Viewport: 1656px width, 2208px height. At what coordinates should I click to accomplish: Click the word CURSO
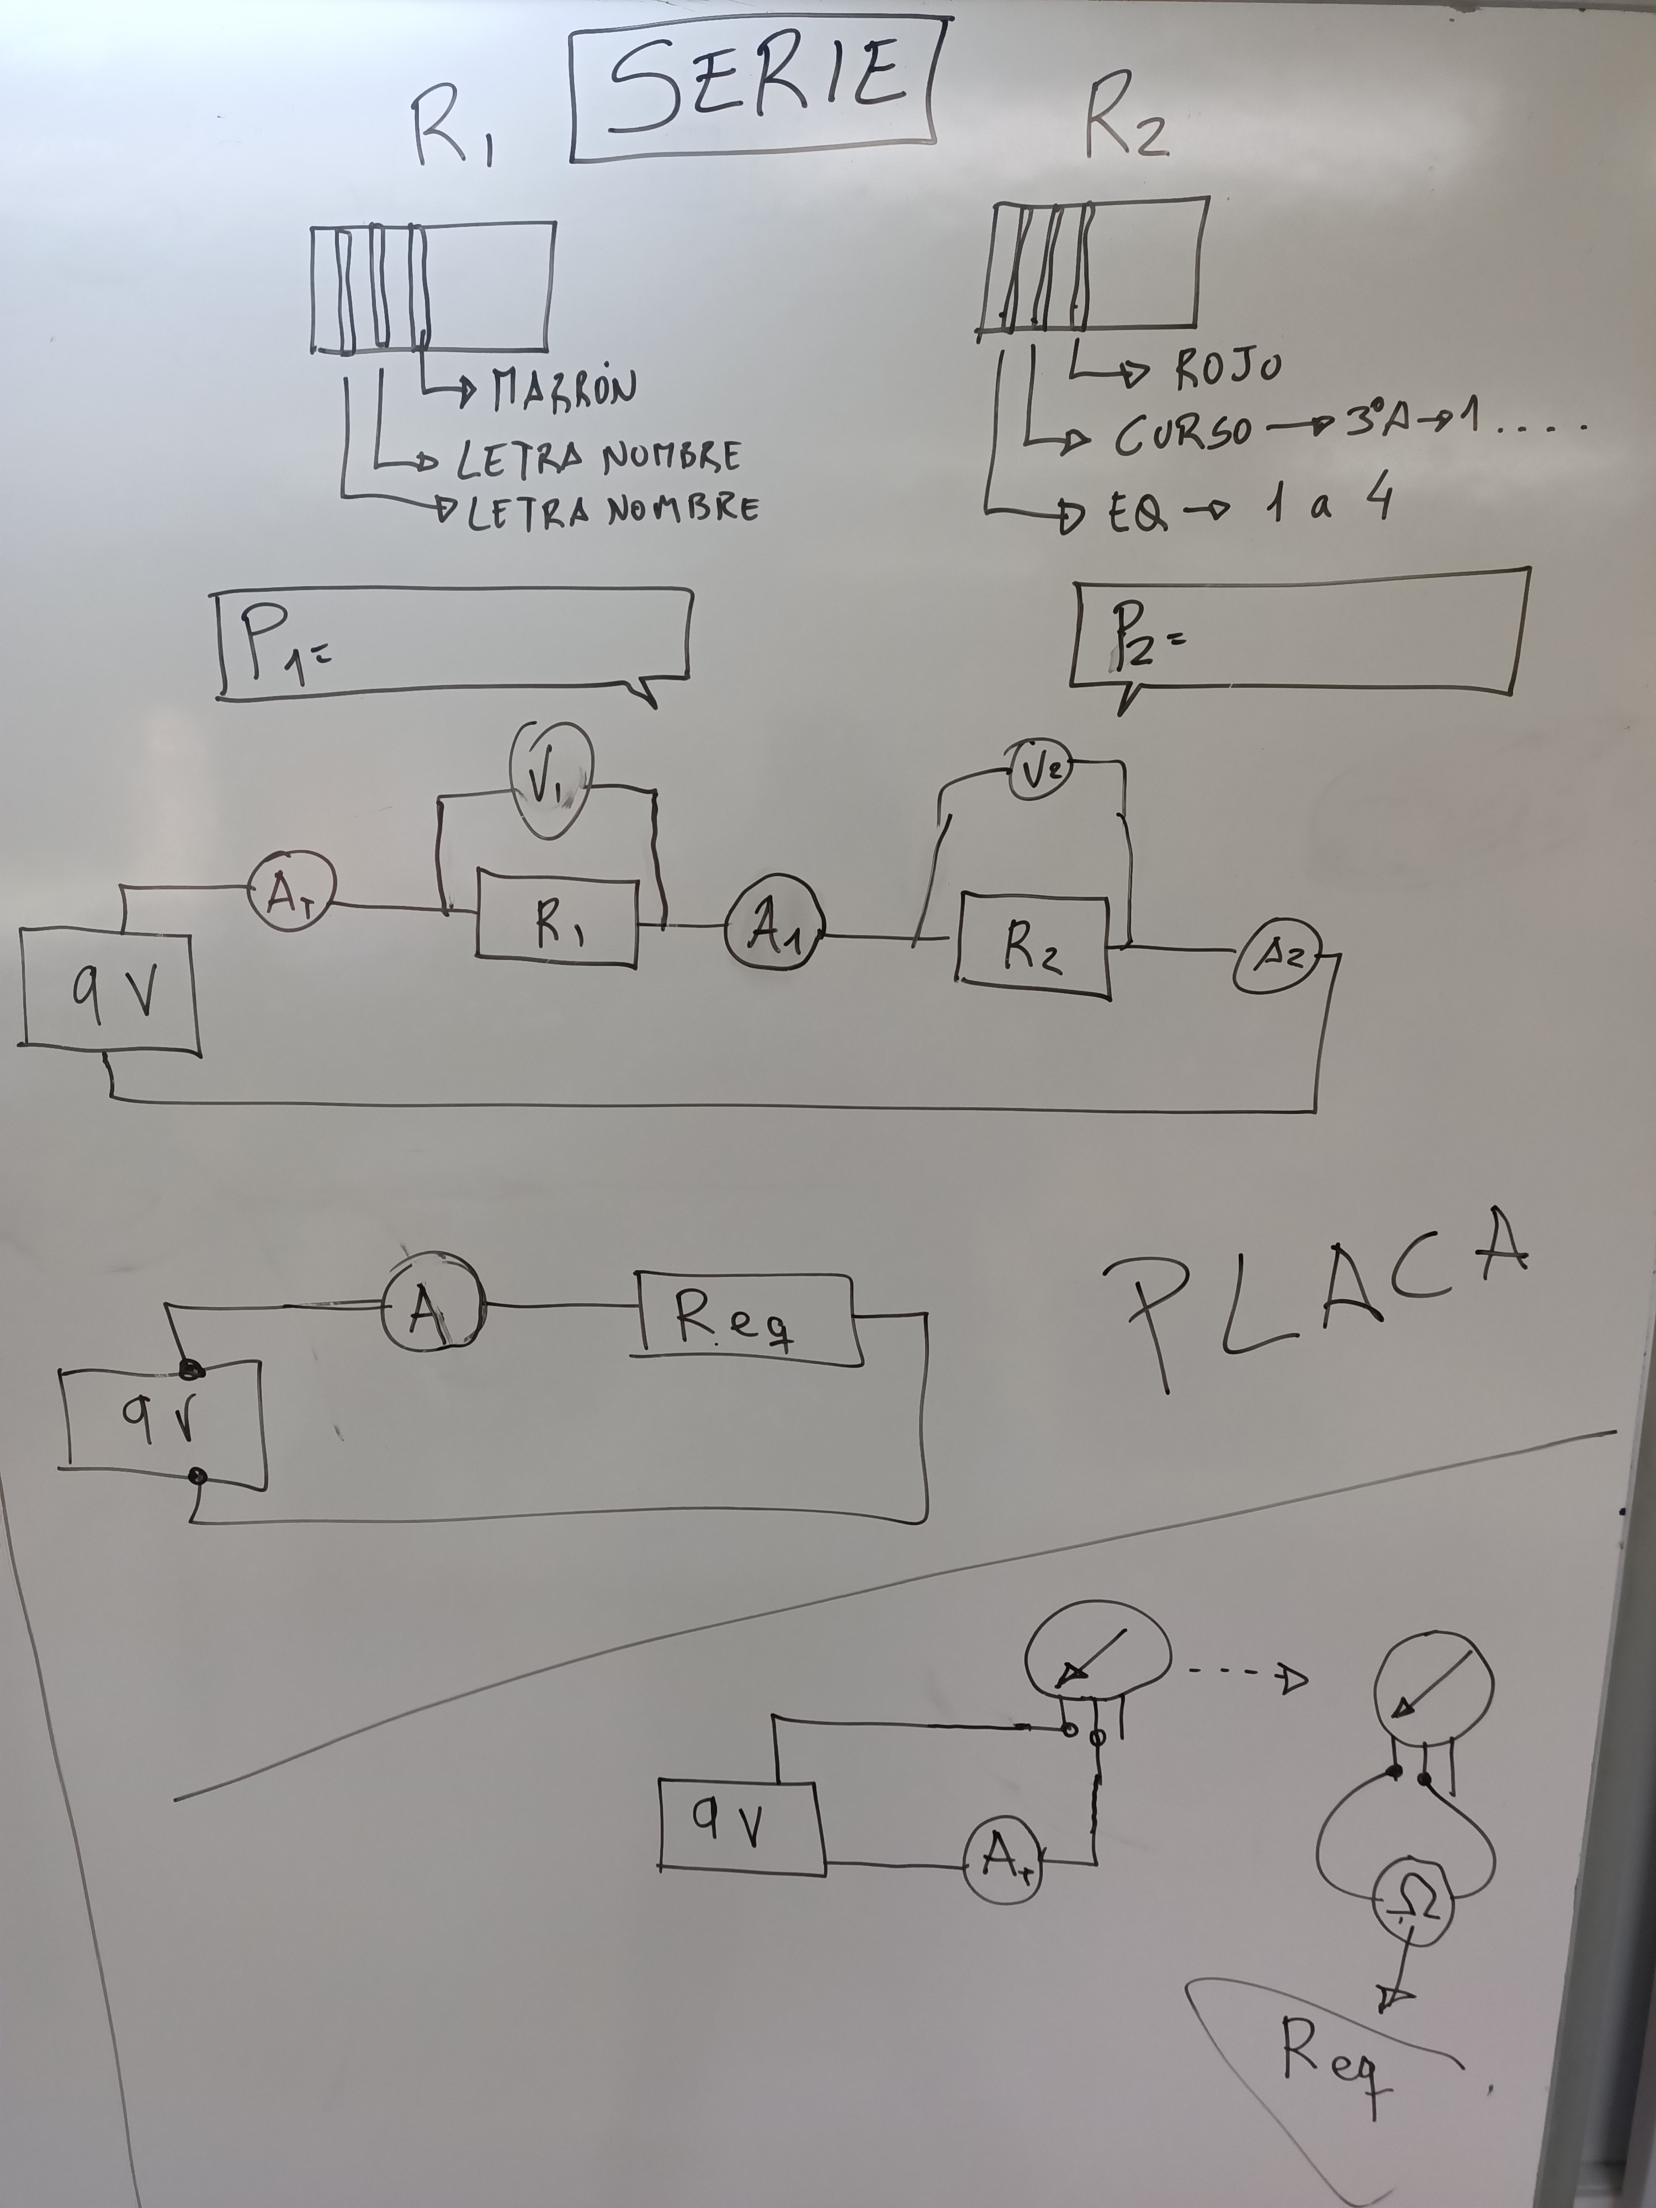(x=1183, y=434)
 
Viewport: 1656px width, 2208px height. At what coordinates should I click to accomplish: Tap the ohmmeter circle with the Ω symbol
(x=1414, y=1908)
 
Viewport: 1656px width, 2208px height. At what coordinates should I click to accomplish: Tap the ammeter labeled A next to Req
(x=431, y=1303)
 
